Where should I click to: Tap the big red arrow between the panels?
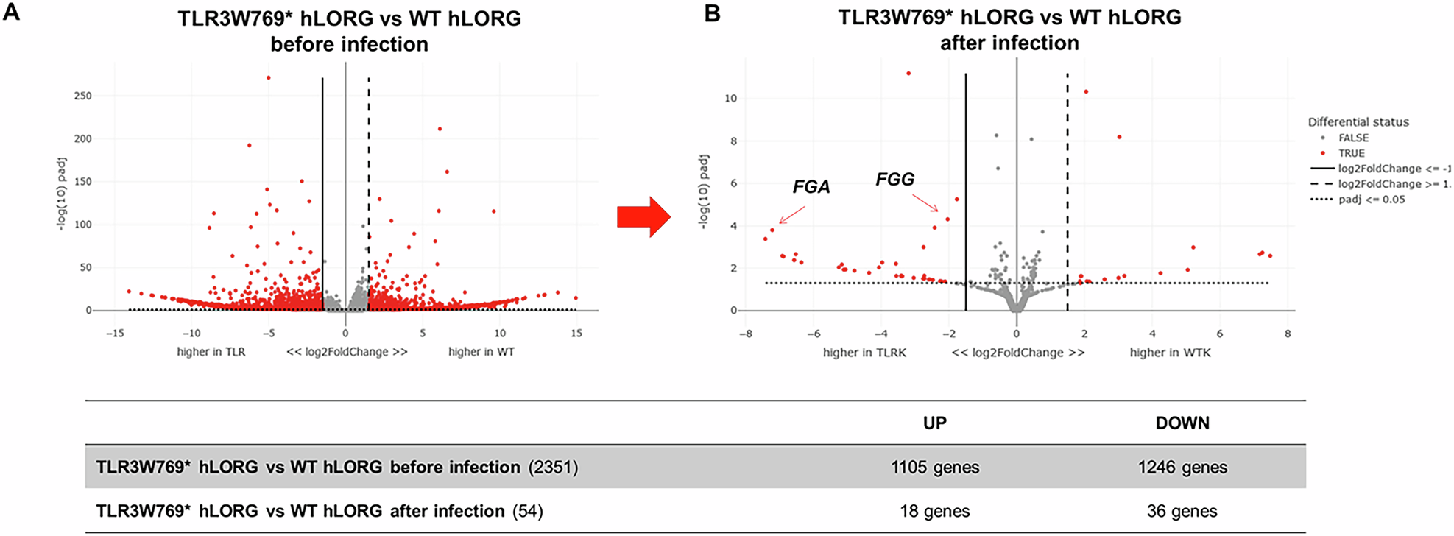643,216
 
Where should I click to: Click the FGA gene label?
811,187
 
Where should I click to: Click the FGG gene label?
894,179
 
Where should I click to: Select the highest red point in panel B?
908,74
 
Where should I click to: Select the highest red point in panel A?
269,77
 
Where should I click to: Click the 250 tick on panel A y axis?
83,96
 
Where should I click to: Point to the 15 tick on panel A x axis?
576,334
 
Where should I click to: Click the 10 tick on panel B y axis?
730,99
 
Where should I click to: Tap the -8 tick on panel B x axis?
746,334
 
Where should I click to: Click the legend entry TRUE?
1351,153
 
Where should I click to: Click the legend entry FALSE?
1353,138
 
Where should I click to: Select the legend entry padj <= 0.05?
1371,200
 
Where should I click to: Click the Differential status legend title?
1358,122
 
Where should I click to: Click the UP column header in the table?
934,423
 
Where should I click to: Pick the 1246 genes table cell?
1182,467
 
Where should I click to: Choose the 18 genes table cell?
934,511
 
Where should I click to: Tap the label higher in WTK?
1170,353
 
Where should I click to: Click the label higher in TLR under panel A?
211,352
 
